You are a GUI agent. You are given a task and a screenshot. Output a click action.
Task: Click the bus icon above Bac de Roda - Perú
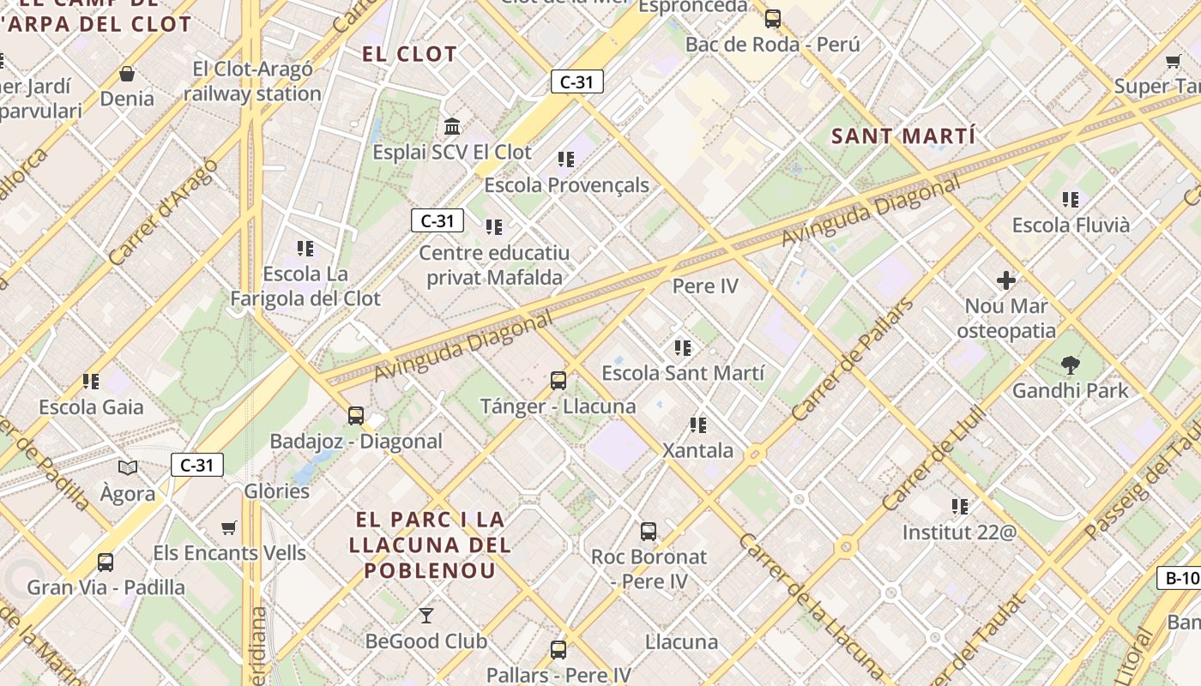(x=773, y=18)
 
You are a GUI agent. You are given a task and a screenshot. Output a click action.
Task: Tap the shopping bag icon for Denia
(x=127, y=74)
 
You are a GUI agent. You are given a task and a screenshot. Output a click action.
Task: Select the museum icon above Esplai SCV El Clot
(x=452, y=127)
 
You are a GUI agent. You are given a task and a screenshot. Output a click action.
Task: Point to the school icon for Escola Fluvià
(x=1071, y=200)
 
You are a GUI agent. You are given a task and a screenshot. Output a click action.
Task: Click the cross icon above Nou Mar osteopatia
(x=1006, y=280)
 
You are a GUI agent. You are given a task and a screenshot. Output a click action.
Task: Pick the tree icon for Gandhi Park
(x=1070, y=365)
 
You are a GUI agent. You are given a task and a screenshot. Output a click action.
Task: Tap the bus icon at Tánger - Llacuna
(x=558, y=381)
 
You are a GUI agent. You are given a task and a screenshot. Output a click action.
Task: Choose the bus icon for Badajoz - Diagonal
(x=356, y=416)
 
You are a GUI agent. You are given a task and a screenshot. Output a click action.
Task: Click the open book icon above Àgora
(x=128, y=468)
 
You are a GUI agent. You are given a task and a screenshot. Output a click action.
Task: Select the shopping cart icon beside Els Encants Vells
(x=229, y=528)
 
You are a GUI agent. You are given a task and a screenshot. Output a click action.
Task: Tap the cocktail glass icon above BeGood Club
(x=425, y=616)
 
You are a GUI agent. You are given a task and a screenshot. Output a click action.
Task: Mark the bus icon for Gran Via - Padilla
(x=106, y=563)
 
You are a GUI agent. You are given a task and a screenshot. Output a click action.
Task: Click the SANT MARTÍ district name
(x=903, y=135)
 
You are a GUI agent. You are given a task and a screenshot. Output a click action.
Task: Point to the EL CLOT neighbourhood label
(x=409, y=54)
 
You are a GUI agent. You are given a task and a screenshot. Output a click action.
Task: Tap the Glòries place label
(x=276, y=491)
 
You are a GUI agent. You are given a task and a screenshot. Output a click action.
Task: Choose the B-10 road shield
(x=1182, y=578)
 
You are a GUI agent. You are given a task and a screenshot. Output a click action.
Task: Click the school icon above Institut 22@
(x=960, y=507)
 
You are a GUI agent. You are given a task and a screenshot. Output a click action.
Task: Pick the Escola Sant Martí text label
(x=682, y=373)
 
